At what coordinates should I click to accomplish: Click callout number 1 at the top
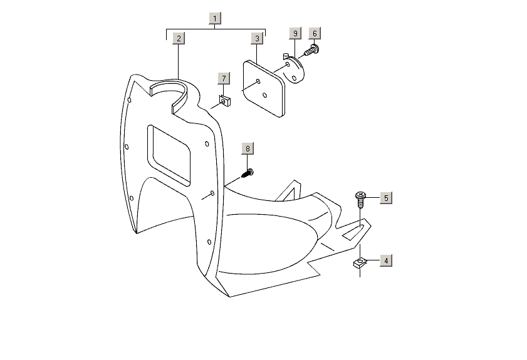(x=215, y=18)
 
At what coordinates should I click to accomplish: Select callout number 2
(x=179, y=38)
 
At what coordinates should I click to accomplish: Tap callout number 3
(x=257, y=38)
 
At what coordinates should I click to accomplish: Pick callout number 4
(x=386, y=260)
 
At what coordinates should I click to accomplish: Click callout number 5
(x=386, y=198)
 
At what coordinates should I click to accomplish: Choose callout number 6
(x=315, y=32)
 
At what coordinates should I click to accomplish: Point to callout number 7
(x=223, y=78)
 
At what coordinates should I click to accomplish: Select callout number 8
(x=248, y=148)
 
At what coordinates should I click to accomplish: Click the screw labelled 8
(x=248, y=173)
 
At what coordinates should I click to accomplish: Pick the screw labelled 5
(x=361, y=200)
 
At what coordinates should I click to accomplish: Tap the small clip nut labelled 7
(x=224, y=100)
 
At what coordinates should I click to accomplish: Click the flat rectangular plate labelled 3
(x=264, y=87)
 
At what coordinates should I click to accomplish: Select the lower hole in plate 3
(x=265, y=95)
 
